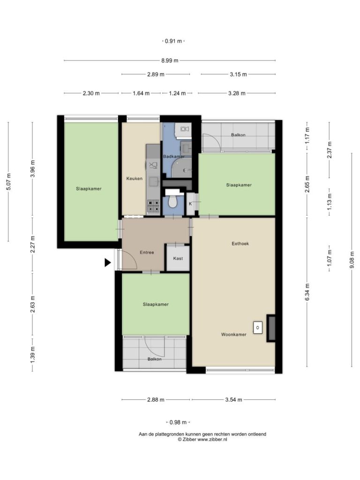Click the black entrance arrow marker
point(107,262)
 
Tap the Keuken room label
point(135,179)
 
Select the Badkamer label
point(173,157)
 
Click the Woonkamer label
point(233,335)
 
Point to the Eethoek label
point(240,244)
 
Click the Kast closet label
point(178,258)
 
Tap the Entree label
point(147,253)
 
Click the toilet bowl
point(173,202)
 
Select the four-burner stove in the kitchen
point(153,206)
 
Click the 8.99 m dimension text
point(170,60)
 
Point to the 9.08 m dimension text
point(352,260)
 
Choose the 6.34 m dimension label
point(307,292)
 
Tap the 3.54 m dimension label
point(233,399)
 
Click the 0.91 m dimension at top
point(173,41)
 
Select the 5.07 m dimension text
point(8,182)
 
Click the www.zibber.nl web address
point(212,439)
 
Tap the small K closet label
point(190,203)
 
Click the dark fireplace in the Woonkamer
point(270,328)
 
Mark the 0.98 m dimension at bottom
point(178,422)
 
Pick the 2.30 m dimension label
point(91,93)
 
